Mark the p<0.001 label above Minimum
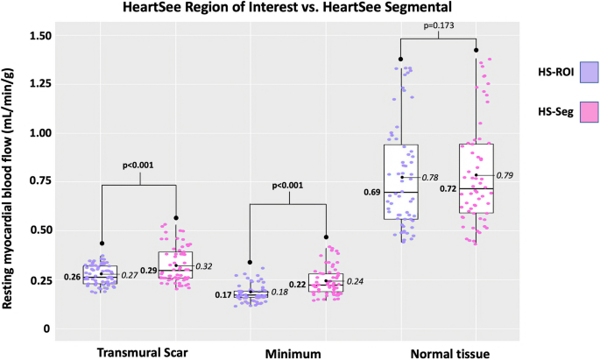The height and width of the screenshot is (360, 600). coord(289,185)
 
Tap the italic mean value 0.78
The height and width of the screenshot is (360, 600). coord(430,178)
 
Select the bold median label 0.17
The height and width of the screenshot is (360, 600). coord(223,294)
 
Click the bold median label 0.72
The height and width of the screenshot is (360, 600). coord(448,189)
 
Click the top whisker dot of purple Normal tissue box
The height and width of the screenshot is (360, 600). coord(401,59)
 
